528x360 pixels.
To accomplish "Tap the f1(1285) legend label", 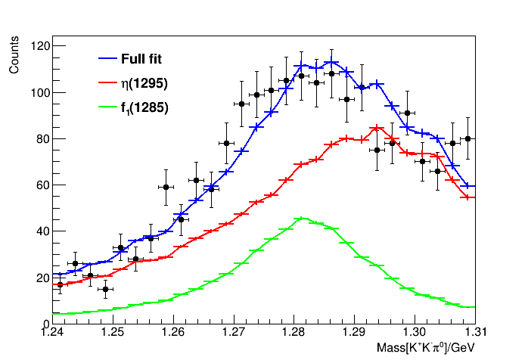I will point(144,107).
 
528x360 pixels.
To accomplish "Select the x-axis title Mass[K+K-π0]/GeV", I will point(425,347).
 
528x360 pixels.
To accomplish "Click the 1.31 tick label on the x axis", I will point(477,332).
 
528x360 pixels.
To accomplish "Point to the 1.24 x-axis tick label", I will point(52,332).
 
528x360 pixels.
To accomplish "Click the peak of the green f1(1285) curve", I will point(302,219).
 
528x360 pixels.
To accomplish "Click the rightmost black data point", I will point(468,138).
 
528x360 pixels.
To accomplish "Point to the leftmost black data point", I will point(61,285).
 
